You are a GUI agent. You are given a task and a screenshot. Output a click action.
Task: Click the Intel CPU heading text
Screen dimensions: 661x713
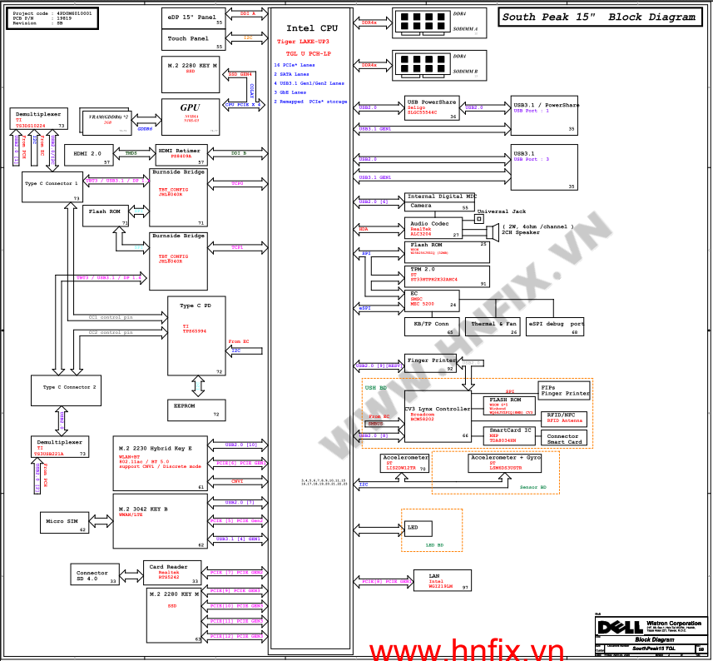306,28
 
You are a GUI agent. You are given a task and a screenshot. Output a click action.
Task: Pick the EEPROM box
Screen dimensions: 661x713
196,407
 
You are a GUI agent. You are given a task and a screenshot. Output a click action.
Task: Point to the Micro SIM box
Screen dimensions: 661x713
64,522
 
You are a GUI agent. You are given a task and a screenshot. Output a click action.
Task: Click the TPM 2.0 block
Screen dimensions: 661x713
447,276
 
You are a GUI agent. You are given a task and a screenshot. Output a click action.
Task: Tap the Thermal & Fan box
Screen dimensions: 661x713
493,326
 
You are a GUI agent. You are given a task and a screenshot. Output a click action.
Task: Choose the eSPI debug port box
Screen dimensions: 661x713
555,326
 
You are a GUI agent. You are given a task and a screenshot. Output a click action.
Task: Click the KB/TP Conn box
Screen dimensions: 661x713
430,326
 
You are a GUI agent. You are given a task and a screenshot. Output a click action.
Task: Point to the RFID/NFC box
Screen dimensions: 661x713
564,418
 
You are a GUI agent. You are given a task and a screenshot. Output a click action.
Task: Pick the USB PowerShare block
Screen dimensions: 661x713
432,109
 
